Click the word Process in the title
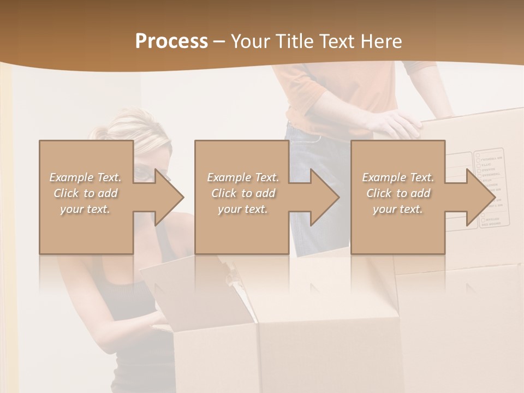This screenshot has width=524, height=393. pyautogui.click(x=171, y=41)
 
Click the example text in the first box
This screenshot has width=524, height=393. pyautogui.click(x=85, y=193)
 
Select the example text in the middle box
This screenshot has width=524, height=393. pyautogui.click(x=243, y=193)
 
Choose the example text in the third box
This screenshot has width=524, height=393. pyautogui.click(x=398, y=193)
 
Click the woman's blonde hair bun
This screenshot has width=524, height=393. pyautogui.click(x=100, y=133)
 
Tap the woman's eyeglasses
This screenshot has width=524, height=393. pyautogui.click(x=143, y=174)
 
